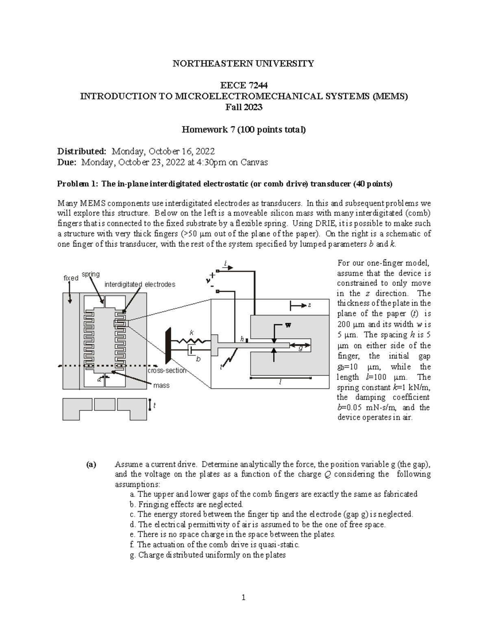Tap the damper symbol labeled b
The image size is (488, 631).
[191, 350]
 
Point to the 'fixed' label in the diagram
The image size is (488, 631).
[71, 278]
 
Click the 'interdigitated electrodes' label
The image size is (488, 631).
[140, 284]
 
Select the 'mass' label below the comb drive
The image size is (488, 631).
[161, 385]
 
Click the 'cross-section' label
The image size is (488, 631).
[167, 371]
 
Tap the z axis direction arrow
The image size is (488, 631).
[297, 305]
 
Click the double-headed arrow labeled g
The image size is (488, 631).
[301, 346]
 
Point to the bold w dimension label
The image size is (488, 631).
[288, 325]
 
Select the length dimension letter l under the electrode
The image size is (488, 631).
[280, 382]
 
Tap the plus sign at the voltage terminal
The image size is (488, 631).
[212, 275]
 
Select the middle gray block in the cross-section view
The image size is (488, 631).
[105, 404]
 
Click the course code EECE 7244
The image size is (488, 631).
[244, 85]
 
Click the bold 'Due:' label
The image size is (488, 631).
[67, 163]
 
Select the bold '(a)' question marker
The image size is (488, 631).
[91, 464]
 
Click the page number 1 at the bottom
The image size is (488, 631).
[244, 597]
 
